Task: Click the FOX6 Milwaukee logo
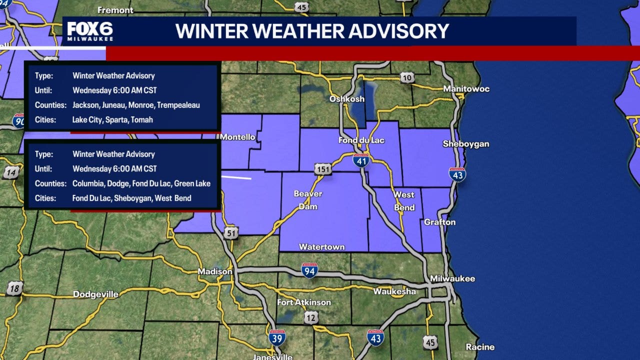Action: tap(90, 31)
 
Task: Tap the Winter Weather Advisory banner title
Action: tap(312, 31)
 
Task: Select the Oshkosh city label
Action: tap(346, 99)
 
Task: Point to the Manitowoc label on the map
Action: tap(466, 89)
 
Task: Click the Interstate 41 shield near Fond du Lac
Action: tap(360, 159)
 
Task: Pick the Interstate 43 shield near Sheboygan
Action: tap(457, 174)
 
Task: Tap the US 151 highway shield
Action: tap(323, 169)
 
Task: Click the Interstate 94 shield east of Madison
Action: tap(309, 270)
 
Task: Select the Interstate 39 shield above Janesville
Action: tap(277, 338)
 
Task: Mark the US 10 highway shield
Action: tap(407, 77)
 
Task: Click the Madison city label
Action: tap(215, 271)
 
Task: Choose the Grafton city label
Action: tap(439, 222)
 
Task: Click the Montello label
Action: tap(237, 137)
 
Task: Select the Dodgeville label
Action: tap(96, 294)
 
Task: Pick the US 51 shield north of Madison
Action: tap(231, 232)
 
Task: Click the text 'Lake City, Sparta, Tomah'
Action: tap(112, 120)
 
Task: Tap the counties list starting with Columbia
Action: tap(141, 183)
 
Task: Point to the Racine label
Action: tap(480, 347)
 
